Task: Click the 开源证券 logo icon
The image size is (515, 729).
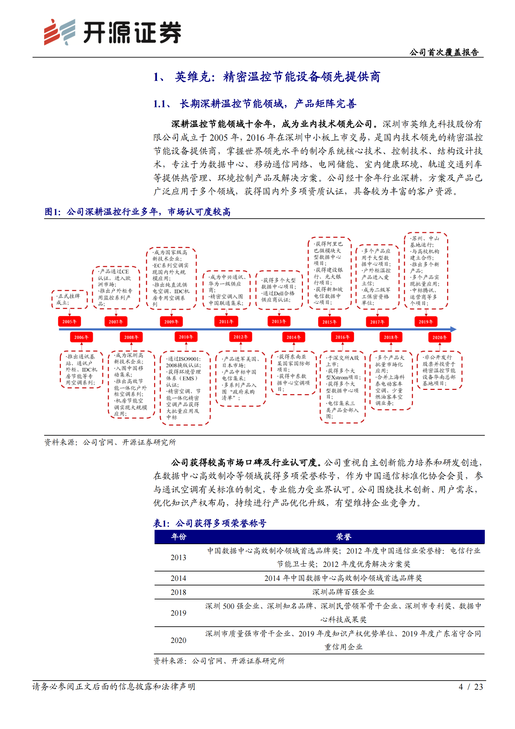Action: tap(59, 32)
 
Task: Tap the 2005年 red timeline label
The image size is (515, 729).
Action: tap(69, 322)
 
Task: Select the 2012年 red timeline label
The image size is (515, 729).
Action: tap(241, 337)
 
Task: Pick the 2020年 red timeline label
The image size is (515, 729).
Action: tap(439, 337)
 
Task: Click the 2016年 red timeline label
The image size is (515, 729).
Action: tap(342, 337)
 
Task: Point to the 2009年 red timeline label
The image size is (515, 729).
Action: tap(171, 322)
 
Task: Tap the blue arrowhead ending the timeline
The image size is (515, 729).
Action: tap(453, 329)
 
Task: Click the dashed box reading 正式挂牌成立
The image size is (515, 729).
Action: tap(69, 299)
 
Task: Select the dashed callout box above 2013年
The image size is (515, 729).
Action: tap(279, 290)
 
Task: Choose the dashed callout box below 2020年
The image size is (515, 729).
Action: tap(439, 370)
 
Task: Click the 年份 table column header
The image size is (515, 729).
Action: tap(179, 537)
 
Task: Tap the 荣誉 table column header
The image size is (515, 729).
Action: tap(344, 537)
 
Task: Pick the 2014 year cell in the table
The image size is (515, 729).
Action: tap(179, 578)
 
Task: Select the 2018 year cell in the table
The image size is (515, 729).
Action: tap(179, 592)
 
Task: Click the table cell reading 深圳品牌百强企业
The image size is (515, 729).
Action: tap(343, 592)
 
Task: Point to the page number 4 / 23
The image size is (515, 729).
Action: tap(471, 686)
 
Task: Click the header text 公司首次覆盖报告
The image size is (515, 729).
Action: tap(444, 52)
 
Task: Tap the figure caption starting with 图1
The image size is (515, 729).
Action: tap(137, 212)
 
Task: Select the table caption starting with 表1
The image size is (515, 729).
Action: tap(210, 523)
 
